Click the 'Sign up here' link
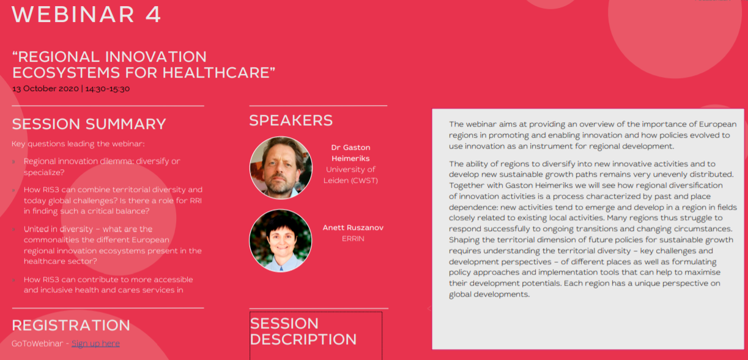95,343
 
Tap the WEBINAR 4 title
86,14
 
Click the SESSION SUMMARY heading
89,124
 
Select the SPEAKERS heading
291,120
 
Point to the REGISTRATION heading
71,325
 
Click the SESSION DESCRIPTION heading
303,331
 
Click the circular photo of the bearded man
281,167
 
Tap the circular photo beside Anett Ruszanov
281,241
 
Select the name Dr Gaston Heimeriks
350,153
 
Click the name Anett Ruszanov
353,228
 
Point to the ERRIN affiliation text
353,239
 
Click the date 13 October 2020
45,89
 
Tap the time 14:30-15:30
108,89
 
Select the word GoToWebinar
37,343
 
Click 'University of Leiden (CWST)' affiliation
350,175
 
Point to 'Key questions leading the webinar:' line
78,144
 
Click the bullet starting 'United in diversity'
113,245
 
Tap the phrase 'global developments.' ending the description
489,294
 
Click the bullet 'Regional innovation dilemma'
102,166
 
